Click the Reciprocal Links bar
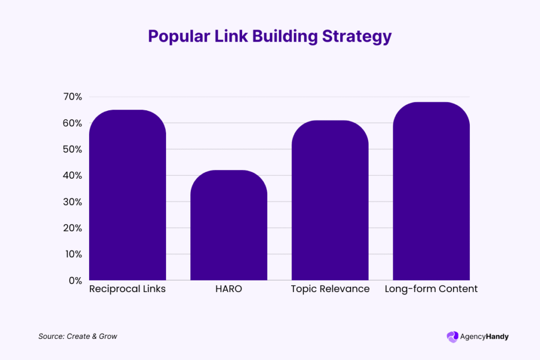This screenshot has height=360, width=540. point(128,195)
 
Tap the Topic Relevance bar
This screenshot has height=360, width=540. point(330,200)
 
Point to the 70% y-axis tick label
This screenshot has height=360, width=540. point(72,97)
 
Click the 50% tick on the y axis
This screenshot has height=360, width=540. point(72,149)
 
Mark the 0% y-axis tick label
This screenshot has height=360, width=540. point(75,280)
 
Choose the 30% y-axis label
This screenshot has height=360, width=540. point(72,202)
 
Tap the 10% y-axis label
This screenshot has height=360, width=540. point(73,254)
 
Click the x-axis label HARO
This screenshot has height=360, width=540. point(229,289)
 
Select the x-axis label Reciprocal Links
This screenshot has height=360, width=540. point(128,289)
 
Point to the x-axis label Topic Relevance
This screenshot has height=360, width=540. point(330,289)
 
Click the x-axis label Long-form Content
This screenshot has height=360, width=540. point(431,289)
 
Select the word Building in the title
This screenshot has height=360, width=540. point(279,36)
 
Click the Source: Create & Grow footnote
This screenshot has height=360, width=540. point(78,336)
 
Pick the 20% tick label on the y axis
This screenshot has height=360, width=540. point(72,228)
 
